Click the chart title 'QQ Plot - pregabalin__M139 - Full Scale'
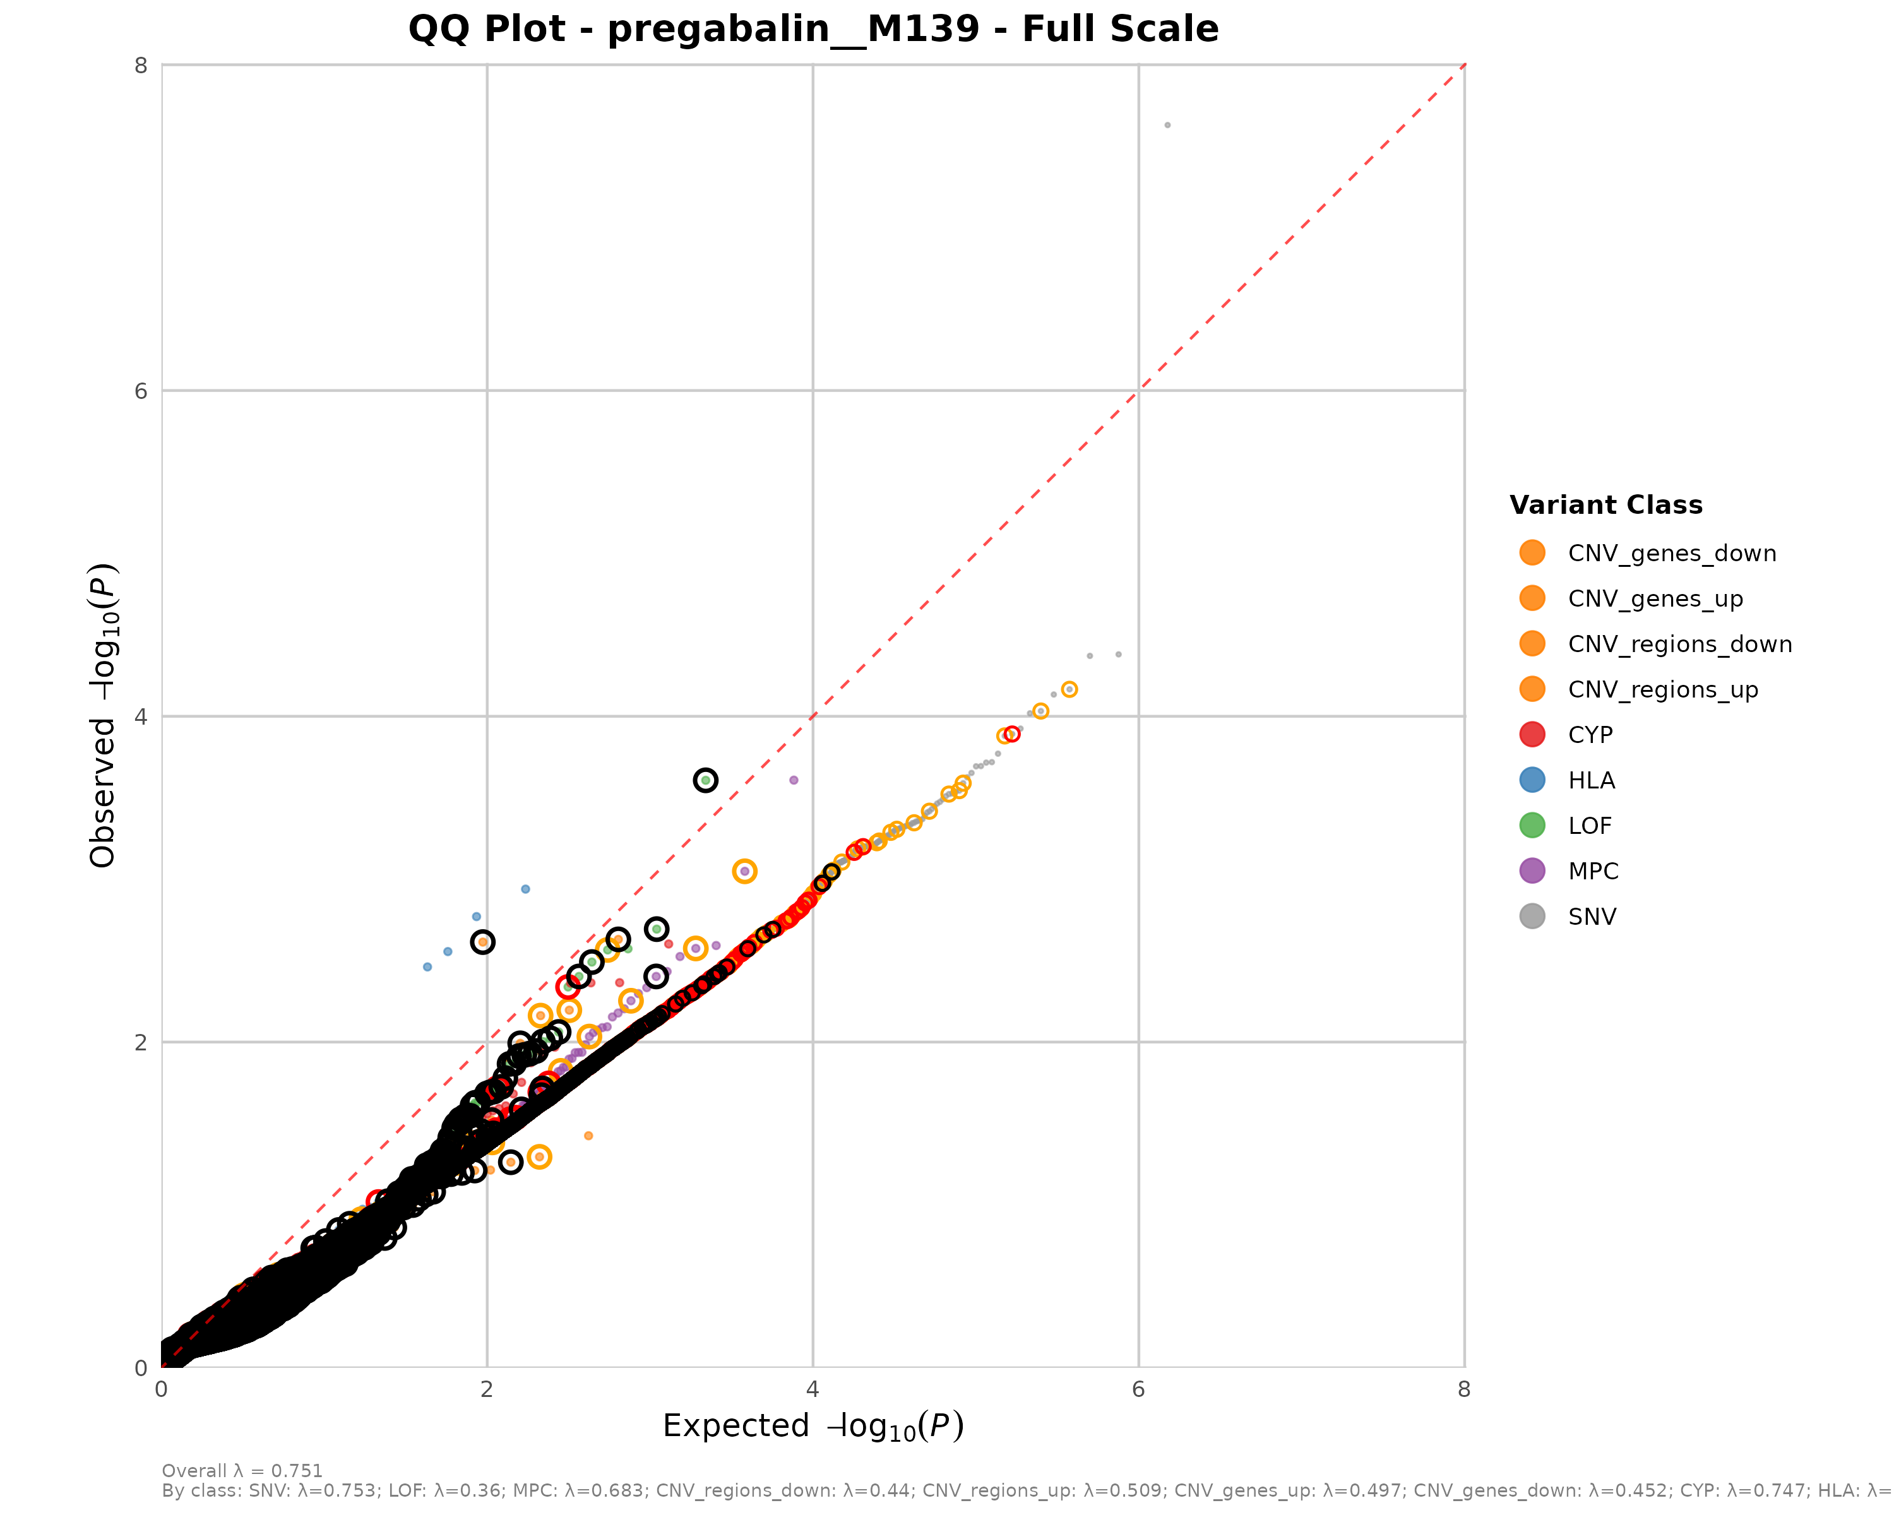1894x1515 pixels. click(x=813, y=29)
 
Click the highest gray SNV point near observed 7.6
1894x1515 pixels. click(x=1167, y=126)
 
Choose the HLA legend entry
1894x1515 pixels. click(x=1591, y=781)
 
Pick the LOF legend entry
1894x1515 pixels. click(x=1589, y=826)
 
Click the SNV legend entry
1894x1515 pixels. click(x=1592, y=917)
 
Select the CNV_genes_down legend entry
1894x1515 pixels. click(x=1671, y=554)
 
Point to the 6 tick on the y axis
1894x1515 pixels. click(x=141, y=391)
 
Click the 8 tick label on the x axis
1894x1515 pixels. click(x=1463, y=1389)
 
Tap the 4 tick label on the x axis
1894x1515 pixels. click(x=813, y=1389)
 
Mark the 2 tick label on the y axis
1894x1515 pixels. click(x=141, y=1042)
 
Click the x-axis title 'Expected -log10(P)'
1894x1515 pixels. click(x=813, y=1426)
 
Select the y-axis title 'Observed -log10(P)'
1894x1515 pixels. click(x=104, y=716)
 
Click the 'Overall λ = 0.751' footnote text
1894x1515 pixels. click(x=242, y=1471)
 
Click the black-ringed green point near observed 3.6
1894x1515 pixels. click(x=705, y=780)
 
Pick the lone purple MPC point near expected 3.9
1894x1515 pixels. click(x=793, y=780)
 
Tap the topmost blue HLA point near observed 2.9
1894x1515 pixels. click(x=525, y=889)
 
